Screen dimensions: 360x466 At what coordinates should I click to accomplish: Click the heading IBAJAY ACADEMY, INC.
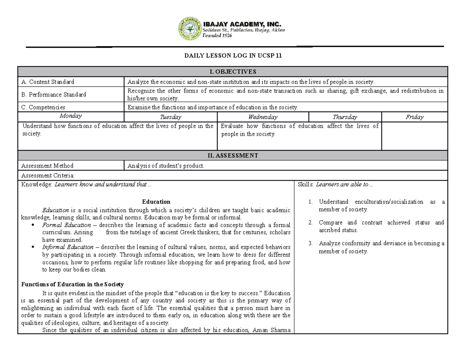coord(242,24)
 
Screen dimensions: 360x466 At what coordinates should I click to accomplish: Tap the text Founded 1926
coord(217,35)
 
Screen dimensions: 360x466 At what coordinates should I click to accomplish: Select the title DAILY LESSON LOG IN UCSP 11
coord(233,56)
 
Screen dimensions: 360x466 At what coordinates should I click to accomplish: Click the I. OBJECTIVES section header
coord(233,71)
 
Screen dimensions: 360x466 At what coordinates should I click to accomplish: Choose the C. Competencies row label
coord(43,107)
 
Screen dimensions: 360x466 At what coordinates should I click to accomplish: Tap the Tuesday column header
coord(170,117)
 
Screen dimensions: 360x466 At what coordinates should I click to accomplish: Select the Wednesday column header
coord(263,117)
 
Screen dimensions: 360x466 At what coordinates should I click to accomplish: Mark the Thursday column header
coord(345,117)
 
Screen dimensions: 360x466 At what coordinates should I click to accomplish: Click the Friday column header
coord(414,117)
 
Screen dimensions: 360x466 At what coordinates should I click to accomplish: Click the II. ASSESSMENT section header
coord(233,156)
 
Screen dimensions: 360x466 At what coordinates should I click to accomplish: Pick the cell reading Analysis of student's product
coord(166,166)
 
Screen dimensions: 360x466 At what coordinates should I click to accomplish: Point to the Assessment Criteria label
coord(48,176)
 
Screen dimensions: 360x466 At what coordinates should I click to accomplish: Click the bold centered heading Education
coord(156,202)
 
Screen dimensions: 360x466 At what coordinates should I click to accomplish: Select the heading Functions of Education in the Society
coord(72,284)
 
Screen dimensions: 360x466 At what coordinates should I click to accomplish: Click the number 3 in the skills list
coord(310,244)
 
